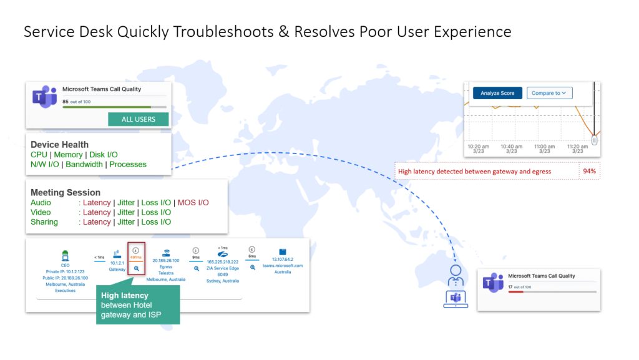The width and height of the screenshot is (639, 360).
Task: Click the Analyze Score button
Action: pyautogui.click(x=497, y=93)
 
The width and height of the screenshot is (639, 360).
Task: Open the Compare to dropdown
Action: pyautogui.click(x=549, y=93)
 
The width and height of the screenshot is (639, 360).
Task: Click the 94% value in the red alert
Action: pyautogui.click(x=589, y=171)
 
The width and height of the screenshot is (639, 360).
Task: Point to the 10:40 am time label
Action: pyautogui.click(x=511, y=148)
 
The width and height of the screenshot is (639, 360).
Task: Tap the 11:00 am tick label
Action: pyautogui.click(x=545, y=148)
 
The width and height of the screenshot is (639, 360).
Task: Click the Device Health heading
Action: pyautogui.click(x=59, y=145)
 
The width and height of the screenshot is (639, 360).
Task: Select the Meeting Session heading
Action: pyautogui.click(x=66, y=193)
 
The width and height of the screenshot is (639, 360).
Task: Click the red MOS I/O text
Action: pyautogui.click(x=193, y=203)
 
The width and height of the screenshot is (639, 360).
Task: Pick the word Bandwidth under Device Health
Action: pyautogui.click(x=84, y=165)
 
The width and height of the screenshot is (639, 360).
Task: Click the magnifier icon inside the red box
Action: pyautogui.click(x=136, y=268)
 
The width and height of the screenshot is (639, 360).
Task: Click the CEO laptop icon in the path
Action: pyautogui.click(x=65, y=255)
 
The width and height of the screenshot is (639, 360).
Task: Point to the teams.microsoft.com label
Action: pyautogui.click(x=287, y=265)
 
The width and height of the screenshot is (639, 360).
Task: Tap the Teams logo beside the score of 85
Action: pyautogui.click(x=44, y=97)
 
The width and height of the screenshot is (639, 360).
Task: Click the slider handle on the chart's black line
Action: pyautogui.click(x=595, y=140)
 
